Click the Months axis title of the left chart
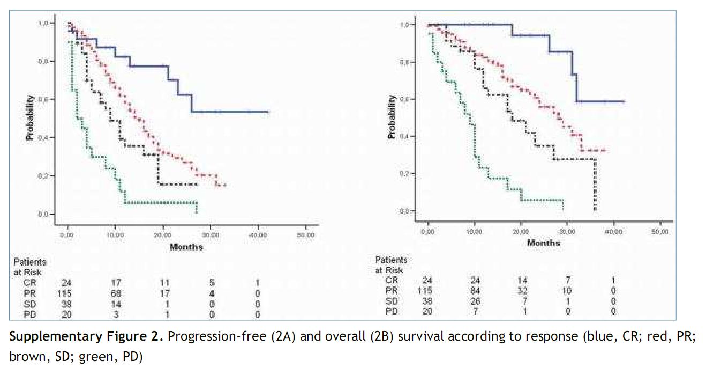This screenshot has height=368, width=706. click(x=186, y=247)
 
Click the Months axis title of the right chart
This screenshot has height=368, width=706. click(x=544, y=243)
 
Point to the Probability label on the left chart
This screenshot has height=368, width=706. click(x=31, y=119)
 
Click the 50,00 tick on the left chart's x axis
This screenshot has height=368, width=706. click(x=305, y=235)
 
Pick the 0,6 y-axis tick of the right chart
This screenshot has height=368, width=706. click(x=405, y=99)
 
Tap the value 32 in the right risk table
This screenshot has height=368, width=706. click(x=520, y=290)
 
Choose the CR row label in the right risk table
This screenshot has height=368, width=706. click(x=392, y=279)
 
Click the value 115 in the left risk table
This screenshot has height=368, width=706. click(x=64, y=293)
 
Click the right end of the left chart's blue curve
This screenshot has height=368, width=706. click(x=268, y=112)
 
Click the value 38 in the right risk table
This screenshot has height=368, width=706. click(x=427, y=301)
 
